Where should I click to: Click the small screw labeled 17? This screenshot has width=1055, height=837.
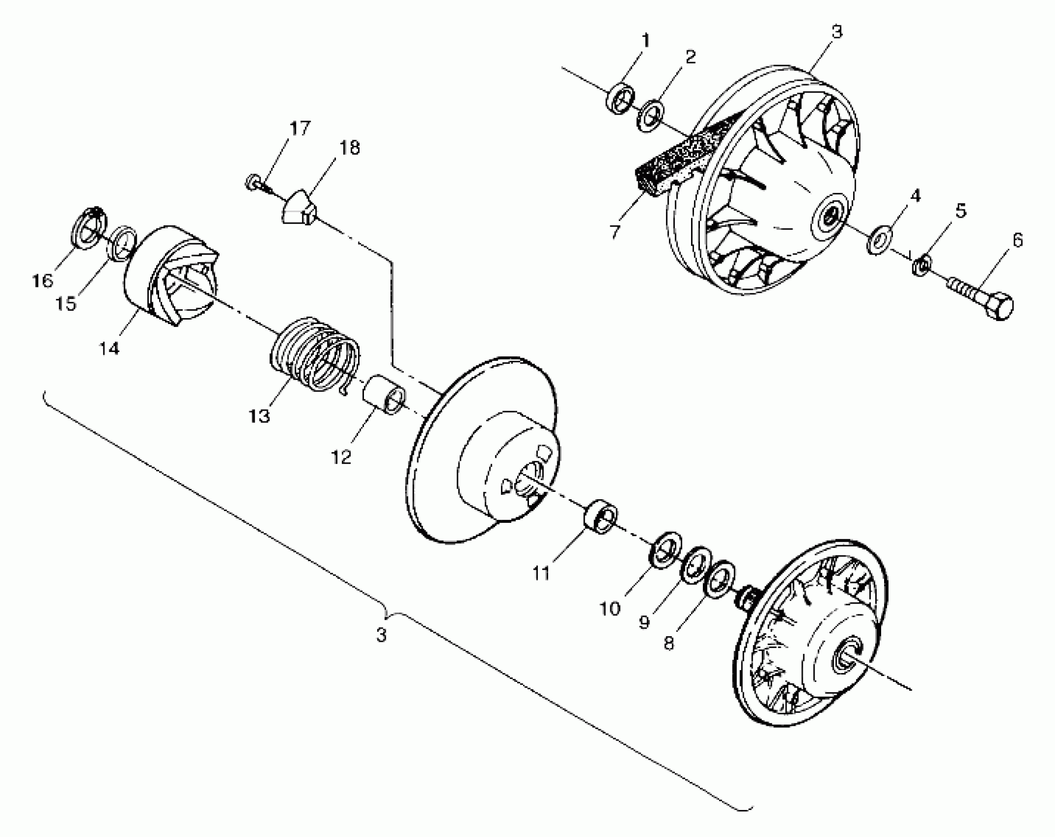pos(254,184)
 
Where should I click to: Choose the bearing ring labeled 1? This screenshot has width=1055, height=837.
pos(620,100)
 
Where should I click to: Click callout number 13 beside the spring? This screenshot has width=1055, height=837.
pos(260,416)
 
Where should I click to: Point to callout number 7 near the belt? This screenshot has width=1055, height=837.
pos(615,231)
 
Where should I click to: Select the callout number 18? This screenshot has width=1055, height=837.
pos(350,147)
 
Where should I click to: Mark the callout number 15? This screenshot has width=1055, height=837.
pos(66,304)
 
